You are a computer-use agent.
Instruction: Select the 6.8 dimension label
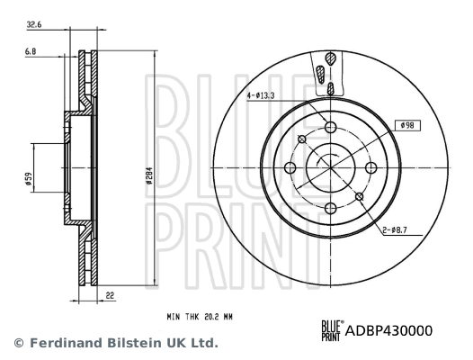31,53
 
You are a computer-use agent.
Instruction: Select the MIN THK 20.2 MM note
206,317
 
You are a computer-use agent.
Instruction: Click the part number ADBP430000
389,330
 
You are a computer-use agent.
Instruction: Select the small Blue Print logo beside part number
330,330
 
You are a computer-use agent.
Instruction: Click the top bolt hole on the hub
330,127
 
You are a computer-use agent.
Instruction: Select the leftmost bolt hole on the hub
290,167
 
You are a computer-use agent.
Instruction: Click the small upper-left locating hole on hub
302,139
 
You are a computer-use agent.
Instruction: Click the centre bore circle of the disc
330,167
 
